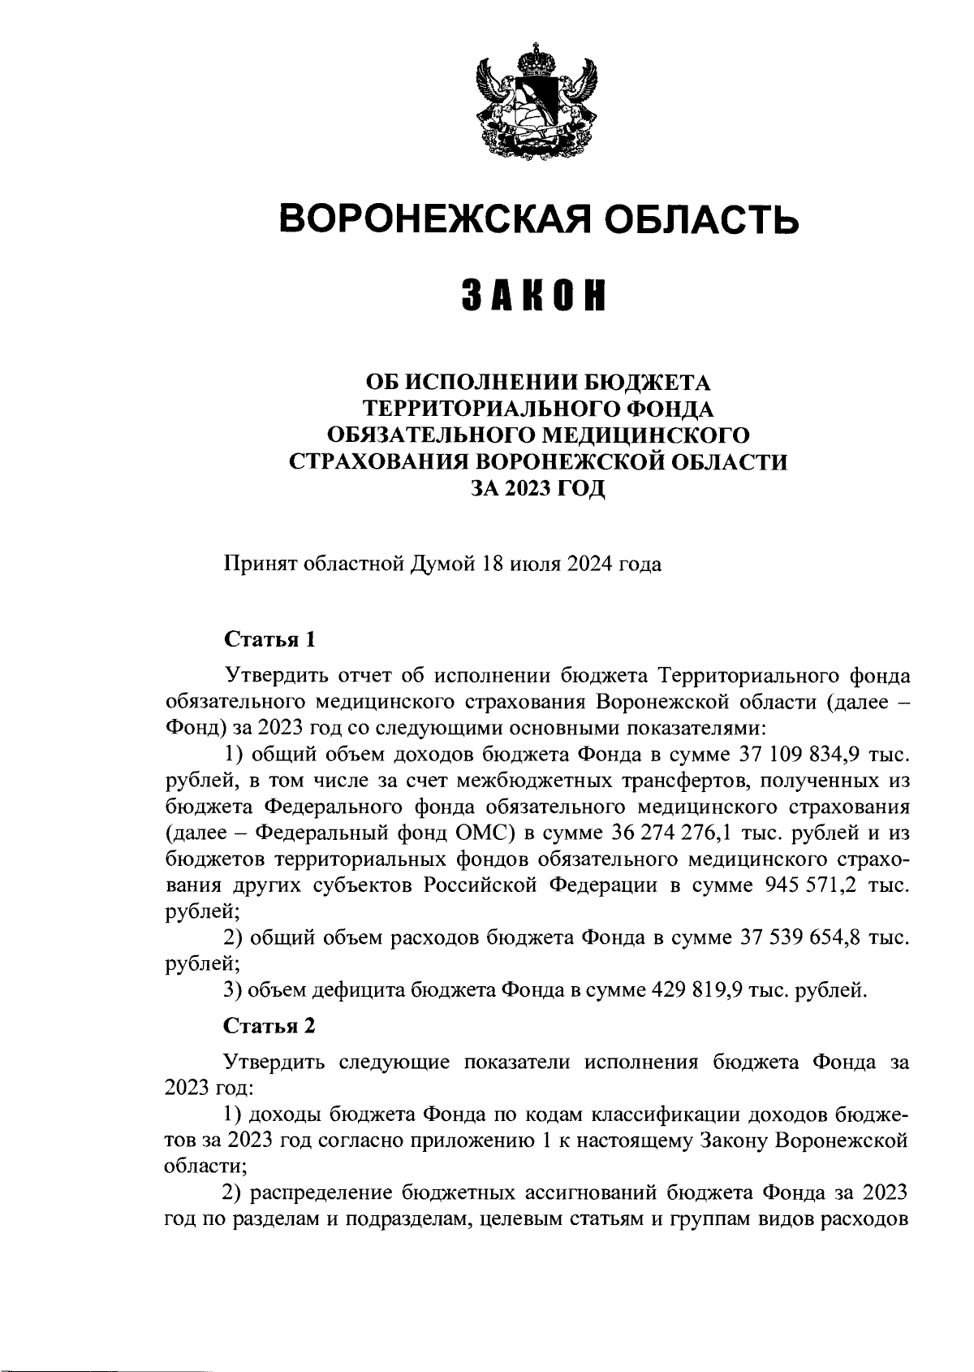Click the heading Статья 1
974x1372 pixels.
[269, 639]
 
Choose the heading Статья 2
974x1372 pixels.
[269, 1026]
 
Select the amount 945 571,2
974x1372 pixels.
[809, 886]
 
